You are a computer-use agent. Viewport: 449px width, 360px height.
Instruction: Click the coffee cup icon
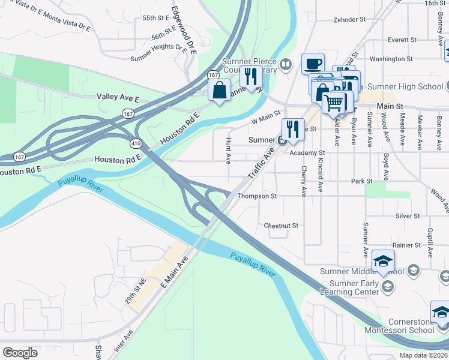(313, 63)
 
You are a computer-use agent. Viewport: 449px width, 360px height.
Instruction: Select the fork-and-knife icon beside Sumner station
(293, 130)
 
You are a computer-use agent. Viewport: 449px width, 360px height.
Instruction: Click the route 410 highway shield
(136, 143)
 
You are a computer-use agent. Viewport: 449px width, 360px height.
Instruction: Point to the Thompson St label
(257, 196)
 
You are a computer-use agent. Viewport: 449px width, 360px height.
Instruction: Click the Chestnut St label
(281, 226)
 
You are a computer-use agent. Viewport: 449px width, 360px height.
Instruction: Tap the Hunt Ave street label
(228, 150)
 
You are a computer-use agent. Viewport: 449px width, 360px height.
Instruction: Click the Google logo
(20, 353)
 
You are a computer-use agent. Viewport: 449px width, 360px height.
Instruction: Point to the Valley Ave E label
(118, 97)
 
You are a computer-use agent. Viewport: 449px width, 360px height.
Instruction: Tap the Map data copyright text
(423, 355)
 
